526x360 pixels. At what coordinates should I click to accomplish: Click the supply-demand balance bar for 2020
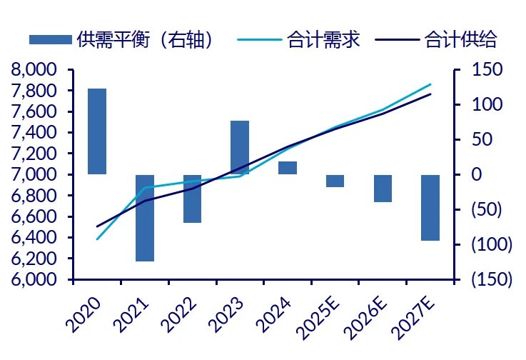[97, 131]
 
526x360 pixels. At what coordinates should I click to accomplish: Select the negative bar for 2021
[145, 218]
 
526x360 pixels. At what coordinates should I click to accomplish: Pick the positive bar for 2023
[240, 147]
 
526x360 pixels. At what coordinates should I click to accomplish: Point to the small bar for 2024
[288, 168]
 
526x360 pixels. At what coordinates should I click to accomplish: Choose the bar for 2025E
[335, 181]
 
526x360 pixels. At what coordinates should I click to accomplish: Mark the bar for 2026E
[383, 189]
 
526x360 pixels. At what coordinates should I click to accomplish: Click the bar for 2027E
[430, 208]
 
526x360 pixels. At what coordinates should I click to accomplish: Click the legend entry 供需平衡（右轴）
[121, 39]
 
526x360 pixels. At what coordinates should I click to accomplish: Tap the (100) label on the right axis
[491, 244]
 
